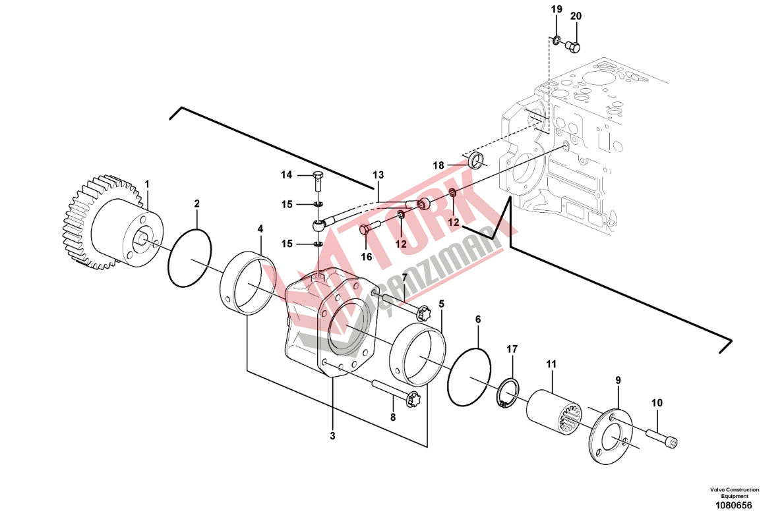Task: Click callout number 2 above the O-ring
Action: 197,204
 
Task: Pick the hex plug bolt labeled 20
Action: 573,47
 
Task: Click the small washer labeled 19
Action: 556,40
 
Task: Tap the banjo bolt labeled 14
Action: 318,181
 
